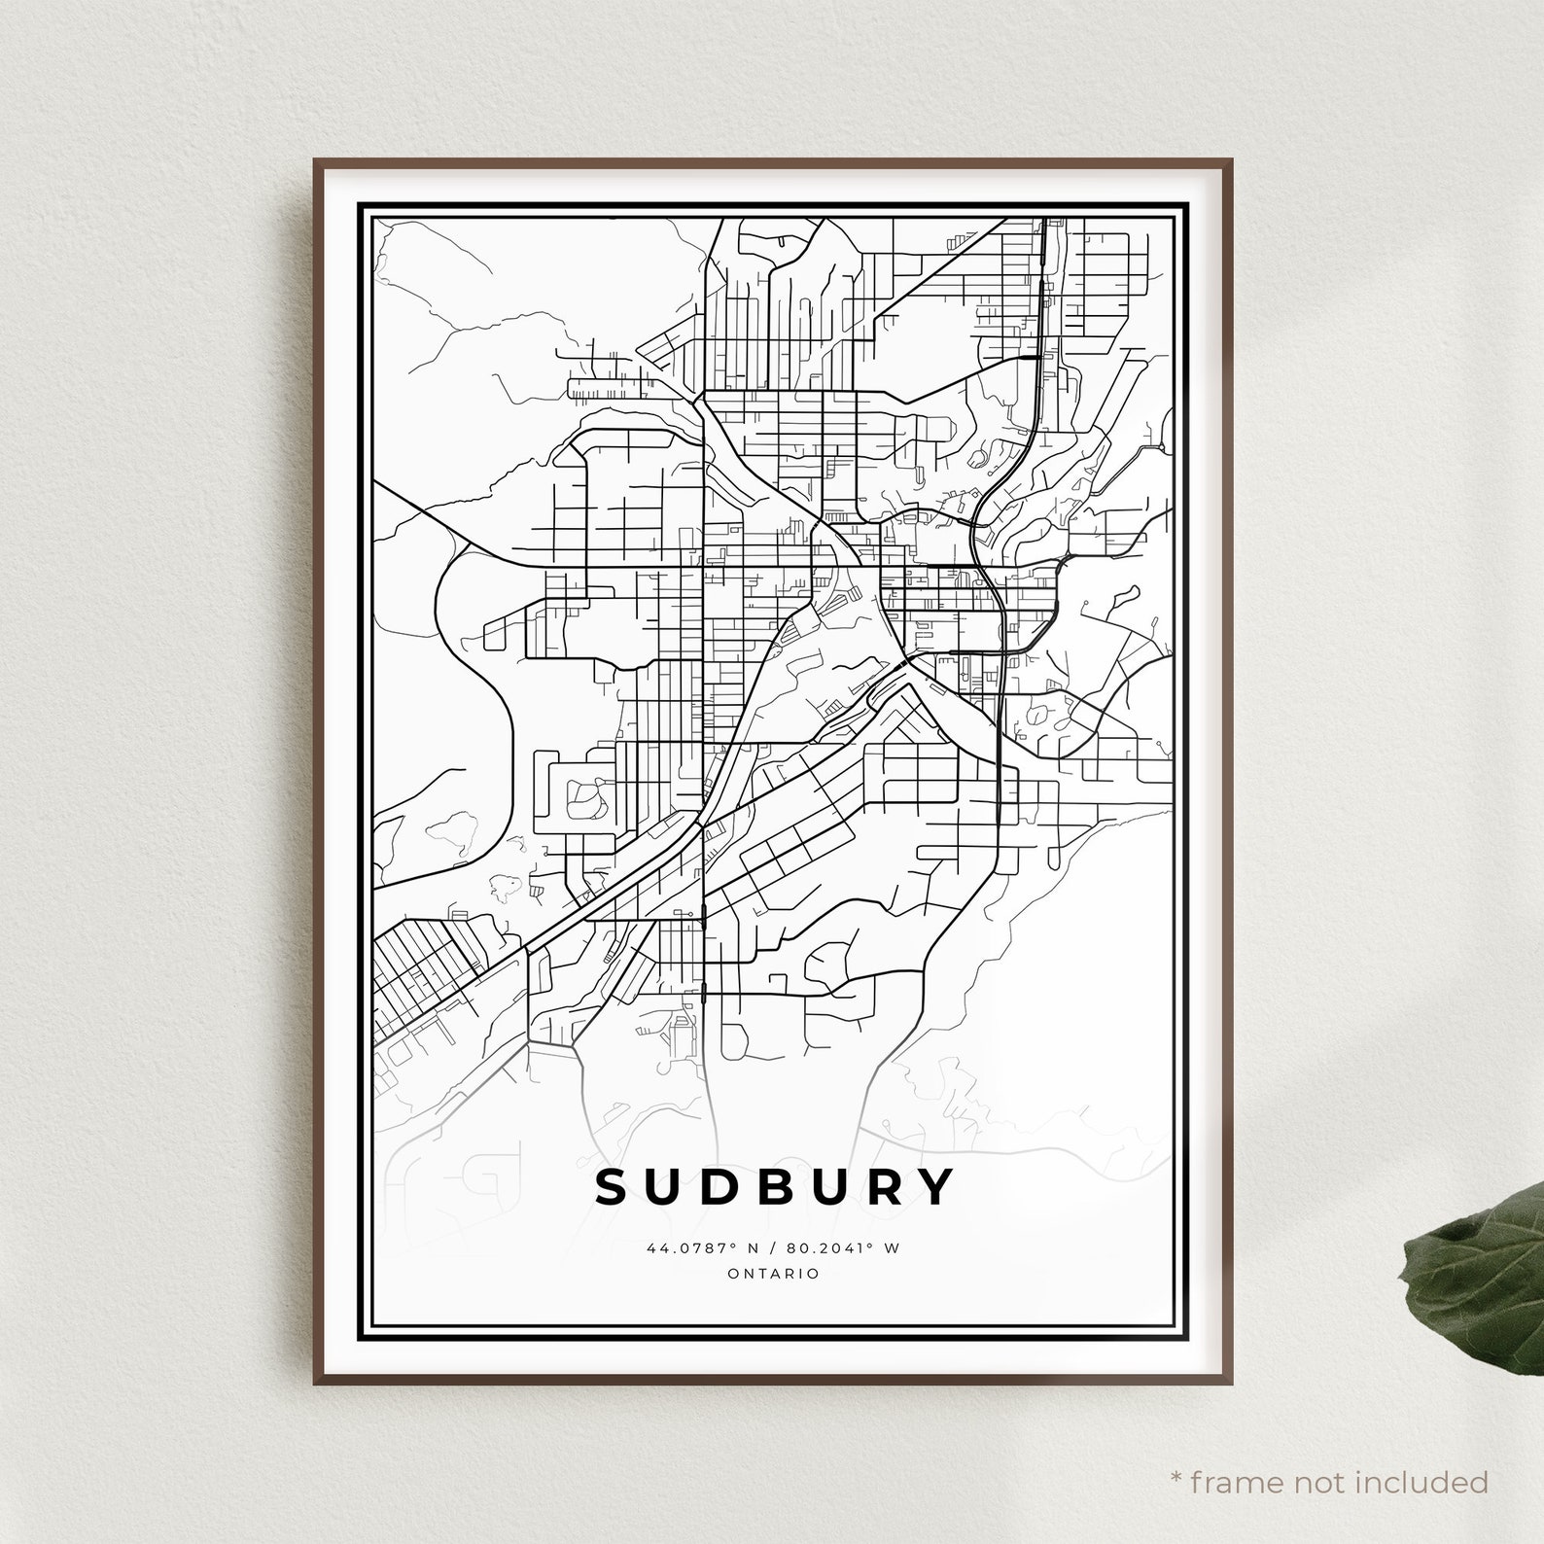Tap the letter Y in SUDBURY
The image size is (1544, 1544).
tap(933, 1186)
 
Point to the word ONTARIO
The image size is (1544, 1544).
tap(773, 1274)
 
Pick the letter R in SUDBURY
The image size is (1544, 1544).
tap(882, 1186)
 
